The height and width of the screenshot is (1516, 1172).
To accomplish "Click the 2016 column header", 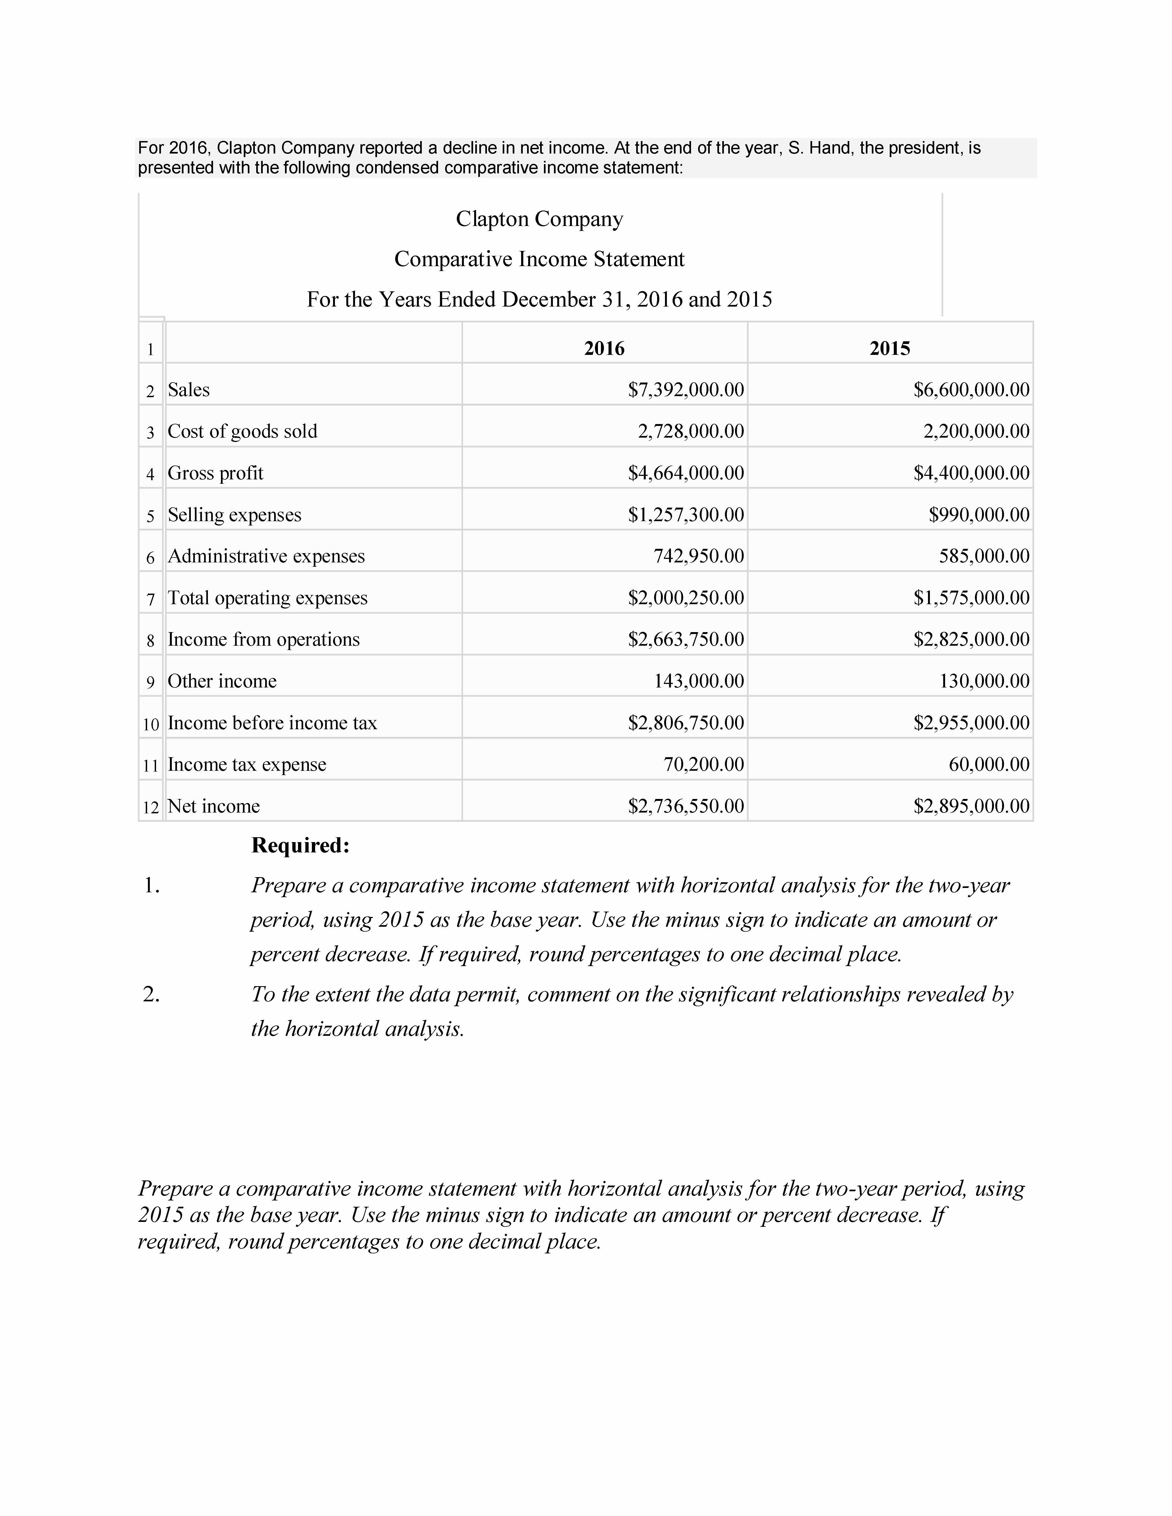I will (604, 348).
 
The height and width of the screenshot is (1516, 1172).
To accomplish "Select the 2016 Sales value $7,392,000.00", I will (685, 390).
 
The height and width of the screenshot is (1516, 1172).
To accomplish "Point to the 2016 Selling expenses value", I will (685, 515).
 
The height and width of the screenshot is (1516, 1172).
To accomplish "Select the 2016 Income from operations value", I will (685, 640).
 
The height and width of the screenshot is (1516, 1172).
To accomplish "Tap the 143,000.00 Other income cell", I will (698, 682).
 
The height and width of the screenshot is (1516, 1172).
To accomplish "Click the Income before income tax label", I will (272, 723).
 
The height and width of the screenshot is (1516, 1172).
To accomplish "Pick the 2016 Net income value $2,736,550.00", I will (685, 807).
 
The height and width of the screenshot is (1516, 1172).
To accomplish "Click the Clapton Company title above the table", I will (540, 219).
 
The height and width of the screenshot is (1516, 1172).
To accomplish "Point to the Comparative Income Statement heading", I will (540, 260).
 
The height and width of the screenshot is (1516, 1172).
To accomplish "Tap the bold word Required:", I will (300, 845).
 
